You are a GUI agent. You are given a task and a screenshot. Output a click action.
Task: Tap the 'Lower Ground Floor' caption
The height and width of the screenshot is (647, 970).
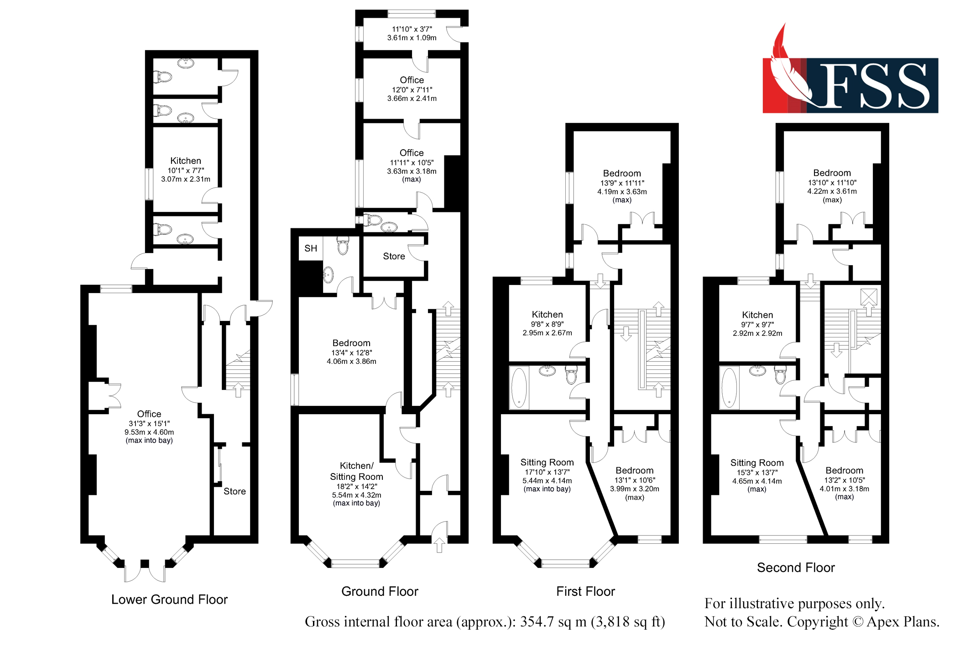pyautogui.click(x=169, y=599)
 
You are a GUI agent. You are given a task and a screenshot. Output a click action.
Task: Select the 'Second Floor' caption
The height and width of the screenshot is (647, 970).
pyautogui.click(x=796, y=568)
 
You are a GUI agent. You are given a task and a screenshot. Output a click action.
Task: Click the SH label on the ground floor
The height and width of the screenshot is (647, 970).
pyautogui.click(x=311, y=248)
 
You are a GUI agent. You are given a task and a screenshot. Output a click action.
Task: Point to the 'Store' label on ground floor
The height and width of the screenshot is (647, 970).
pyautogui.click(x=394, y=256)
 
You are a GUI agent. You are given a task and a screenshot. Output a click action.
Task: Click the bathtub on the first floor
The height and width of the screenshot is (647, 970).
pyautogui.click(x=519, y=387)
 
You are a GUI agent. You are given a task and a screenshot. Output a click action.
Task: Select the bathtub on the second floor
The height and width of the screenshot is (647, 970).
pyautogui.click(x=729, y=387)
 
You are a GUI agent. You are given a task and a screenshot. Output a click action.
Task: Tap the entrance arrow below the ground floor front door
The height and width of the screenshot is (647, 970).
pyautogui.click(x=439, y=545)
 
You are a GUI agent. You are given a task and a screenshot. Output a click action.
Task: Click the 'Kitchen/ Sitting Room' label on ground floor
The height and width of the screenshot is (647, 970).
pyautogui.click(x=356, y=471)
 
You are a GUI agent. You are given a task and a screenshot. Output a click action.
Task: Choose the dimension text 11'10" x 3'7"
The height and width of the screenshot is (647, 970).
pyautogui.click(x=412, y=29)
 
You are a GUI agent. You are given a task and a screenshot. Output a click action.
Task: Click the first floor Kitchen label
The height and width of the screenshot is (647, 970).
pyautogui.click(x=547, y=315)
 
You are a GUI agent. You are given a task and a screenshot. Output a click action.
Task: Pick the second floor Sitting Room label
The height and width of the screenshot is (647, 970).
pyautogui.click(x=757, y=463)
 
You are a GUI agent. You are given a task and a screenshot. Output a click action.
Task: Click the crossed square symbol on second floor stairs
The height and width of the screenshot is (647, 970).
pyautogui.click(x=869, y=297)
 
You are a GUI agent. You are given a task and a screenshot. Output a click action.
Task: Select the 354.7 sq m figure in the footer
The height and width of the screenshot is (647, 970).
pyautogui.click(x=553, y=621)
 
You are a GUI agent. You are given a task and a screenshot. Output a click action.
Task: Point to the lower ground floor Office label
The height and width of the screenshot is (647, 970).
pyautogui.click(x=149, y=414)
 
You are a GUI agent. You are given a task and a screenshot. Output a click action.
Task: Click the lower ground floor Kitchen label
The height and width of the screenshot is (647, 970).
pyautogui.click(x=186, y=161)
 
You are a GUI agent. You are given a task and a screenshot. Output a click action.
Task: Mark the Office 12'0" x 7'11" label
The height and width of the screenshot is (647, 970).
pyautogui.click(x=412, y=80)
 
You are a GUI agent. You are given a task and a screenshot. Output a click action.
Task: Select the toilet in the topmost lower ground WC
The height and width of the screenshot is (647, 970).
pyautogui.click(x=163, y=76)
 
